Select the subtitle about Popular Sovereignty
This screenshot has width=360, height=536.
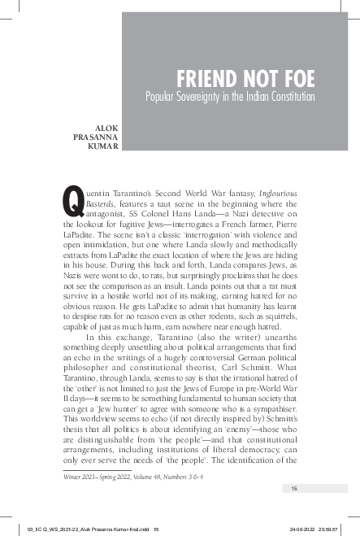(229, 98)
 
